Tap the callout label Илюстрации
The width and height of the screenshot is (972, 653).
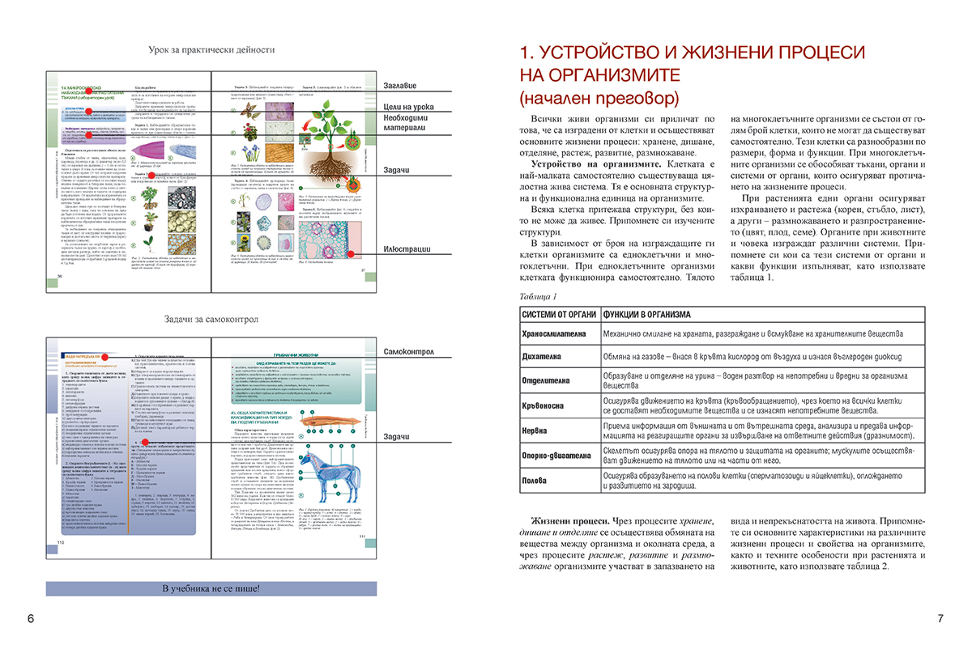407,249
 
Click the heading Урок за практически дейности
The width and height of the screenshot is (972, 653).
211,50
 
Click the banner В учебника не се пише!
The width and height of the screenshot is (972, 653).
211,587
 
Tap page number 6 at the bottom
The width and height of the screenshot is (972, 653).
30,619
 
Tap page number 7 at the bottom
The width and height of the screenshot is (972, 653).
940,619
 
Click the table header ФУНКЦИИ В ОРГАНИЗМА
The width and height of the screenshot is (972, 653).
646,314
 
